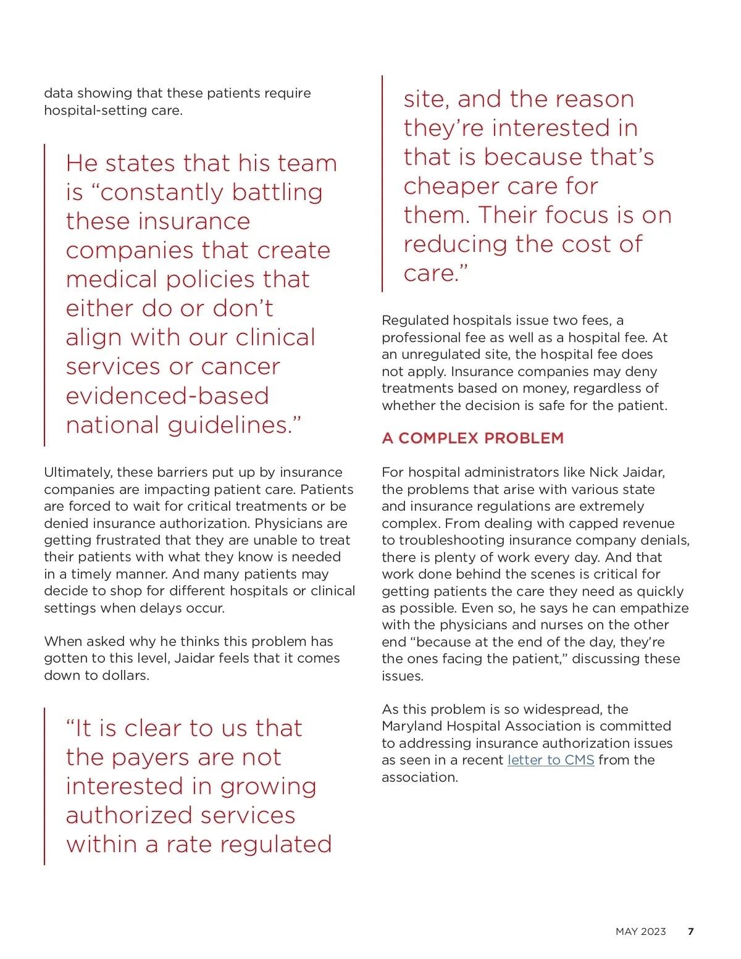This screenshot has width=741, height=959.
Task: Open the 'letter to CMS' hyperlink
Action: (x=550, y=760)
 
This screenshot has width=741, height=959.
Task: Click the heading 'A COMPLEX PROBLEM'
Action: (x=472, y=438)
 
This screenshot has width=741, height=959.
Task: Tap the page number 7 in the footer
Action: (x=690, y=932)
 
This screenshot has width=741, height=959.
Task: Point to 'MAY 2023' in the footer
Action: (x=640, y=932)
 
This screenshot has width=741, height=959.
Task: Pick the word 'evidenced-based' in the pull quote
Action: (x=167, y=396)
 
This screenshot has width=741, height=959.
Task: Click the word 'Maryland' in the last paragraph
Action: (x=411, y=726)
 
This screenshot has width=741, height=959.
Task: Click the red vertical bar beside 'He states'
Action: (x=44, y=295)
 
